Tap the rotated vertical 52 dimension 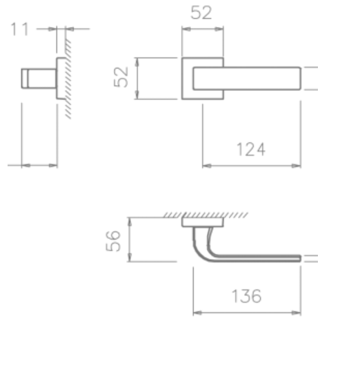click(122, 78)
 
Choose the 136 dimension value click(246, 296)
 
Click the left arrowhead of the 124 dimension click(205, 166)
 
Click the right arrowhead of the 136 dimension click(299, 314)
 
